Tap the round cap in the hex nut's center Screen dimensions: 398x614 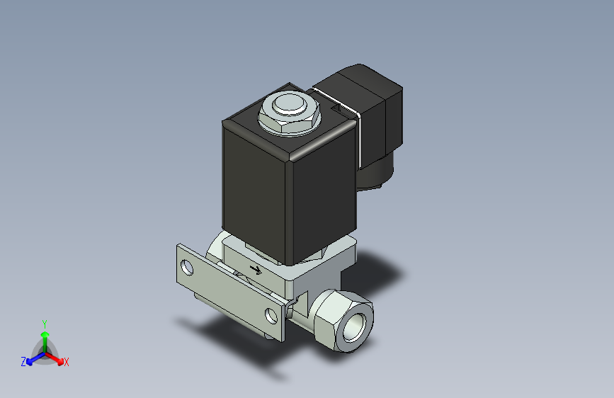288,106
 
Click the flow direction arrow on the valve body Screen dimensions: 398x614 256,269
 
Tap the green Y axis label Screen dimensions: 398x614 44,322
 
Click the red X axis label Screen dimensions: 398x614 67,362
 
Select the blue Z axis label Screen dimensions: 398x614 23,362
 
